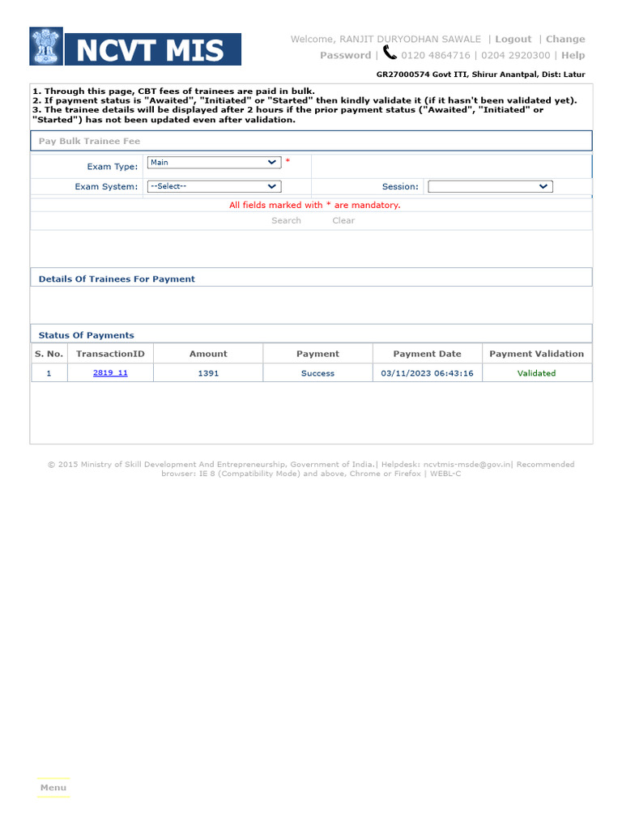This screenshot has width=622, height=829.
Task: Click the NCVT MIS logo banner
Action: (x=135, y=47)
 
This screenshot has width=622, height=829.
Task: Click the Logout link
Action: (x=513, y=39)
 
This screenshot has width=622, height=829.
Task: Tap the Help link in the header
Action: (x=573, y=55)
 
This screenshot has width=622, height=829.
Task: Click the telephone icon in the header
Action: (x=390, y=53)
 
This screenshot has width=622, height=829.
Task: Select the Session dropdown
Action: (x=489, y=186)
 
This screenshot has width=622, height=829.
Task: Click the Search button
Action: (x=286, y=220)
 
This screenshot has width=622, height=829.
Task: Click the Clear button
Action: (x=343, y=220)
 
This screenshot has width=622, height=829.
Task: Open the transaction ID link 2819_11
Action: (x=110, y=373)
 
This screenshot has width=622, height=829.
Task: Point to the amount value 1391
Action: (x=208, y=373)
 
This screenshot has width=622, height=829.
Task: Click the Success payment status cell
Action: (x=317, y=373)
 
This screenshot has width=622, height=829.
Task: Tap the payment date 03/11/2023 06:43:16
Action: (x=427, y=373)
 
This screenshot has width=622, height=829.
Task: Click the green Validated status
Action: (x=536, y=373)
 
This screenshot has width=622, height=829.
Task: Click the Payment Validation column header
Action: (x=536, y=354)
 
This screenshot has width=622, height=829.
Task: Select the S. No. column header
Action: (x=49, y=354)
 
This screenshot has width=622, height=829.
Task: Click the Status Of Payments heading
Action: (x=87, y=335)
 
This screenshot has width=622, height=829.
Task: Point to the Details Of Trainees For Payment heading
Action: (x=117, y=278)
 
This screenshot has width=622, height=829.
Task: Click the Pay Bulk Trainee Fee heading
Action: (x=89, y=141)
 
